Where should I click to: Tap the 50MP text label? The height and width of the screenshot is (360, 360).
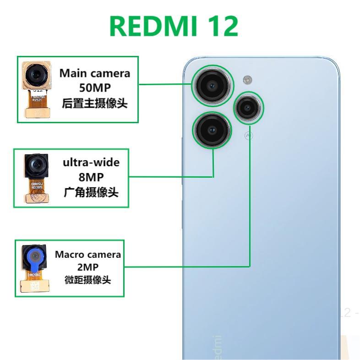[95, 88]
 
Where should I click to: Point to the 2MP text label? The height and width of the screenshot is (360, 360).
[88, 267]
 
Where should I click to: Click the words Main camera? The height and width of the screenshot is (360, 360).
[95, 73]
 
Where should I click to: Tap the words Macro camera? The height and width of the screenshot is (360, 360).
[88, 254]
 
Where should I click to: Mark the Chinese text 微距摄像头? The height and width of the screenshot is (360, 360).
[88, 279]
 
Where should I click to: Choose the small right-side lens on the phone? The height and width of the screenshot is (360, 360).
[248, 108]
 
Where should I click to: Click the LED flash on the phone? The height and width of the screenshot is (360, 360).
[248, 80]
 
